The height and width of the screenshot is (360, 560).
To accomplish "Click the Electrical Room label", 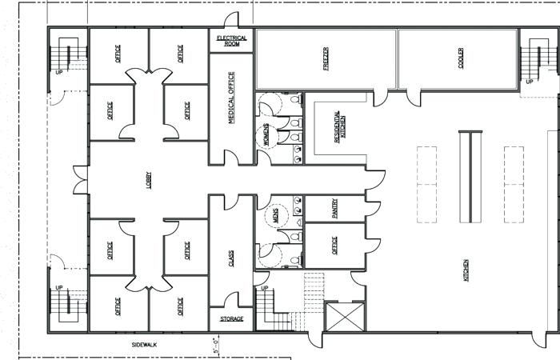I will (232, 41).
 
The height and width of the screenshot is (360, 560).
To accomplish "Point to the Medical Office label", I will (232, 98).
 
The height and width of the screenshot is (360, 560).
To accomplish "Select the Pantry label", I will (336, 208).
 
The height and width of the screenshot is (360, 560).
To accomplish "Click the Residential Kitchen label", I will (339, 126).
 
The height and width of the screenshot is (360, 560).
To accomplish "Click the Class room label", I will (232, 258).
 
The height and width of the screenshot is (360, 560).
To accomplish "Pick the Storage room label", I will (231, 319).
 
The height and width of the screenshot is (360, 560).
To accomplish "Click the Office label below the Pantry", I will (336, 246).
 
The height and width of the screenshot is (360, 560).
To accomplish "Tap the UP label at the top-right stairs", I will (529, 82).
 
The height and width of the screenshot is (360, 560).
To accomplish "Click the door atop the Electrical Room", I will (232, 22).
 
